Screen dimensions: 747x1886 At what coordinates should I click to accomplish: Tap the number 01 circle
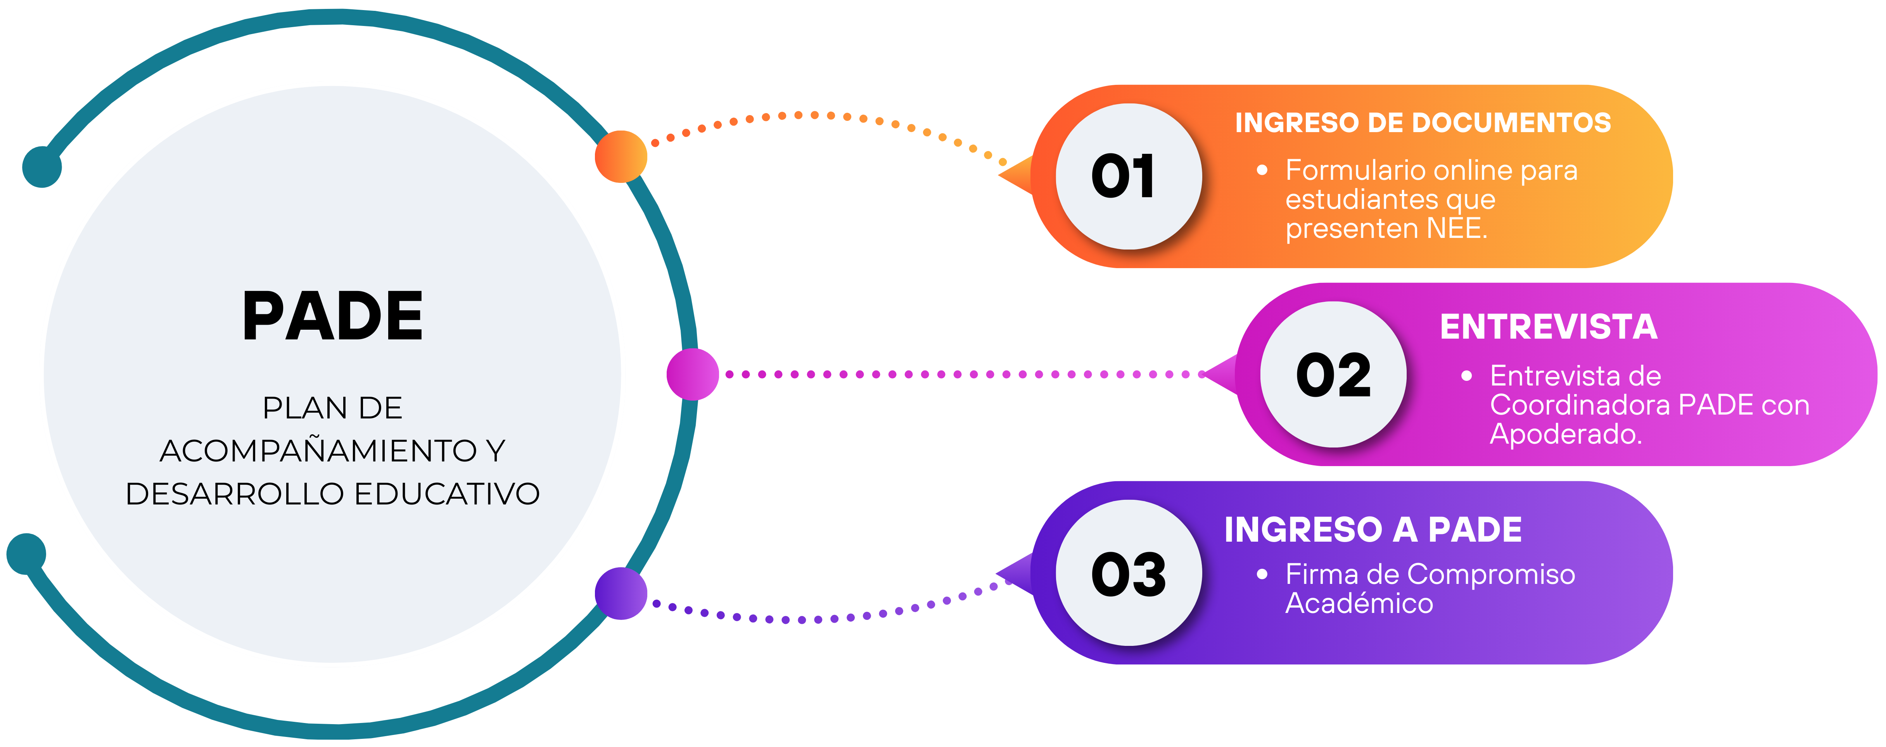(x=1128, y=176)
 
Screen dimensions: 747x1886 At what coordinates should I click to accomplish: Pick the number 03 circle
(x=1128, y=573)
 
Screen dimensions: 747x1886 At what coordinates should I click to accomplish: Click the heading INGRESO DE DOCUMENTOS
(x=1423, y=123)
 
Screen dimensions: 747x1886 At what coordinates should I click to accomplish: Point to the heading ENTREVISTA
(x=1549, y=327)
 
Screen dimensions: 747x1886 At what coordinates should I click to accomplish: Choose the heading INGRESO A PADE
(x=1373, y=530)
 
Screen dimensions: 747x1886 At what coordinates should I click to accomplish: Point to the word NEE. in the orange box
(x=1457, y=229)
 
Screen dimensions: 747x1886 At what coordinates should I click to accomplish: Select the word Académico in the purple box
(x=1359, y=604)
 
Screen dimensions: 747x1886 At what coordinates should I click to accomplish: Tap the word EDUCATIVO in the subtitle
(x=447, y=494)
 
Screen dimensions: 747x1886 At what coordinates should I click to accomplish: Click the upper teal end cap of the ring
(x=42, y=167)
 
